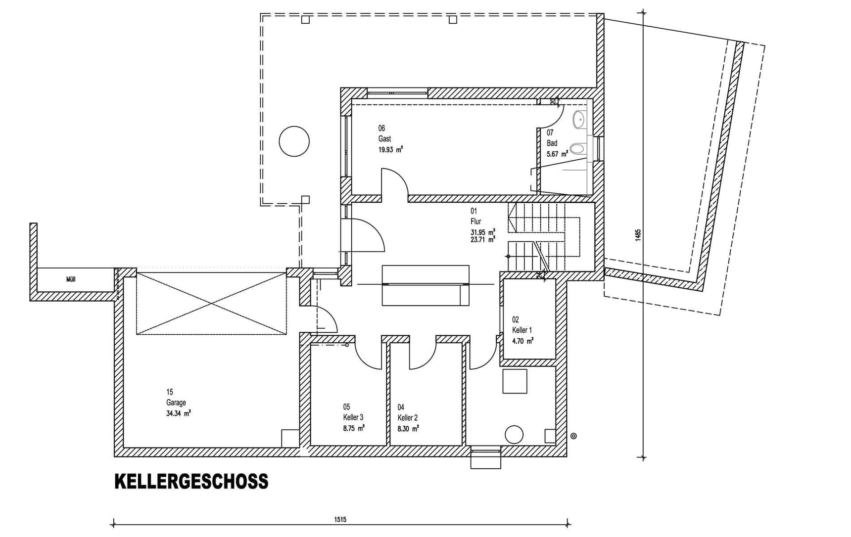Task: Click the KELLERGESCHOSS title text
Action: coord(191,482)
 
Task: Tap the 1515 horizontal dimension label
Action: coord(340,520)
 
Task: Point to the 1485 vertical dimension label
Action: coord(638,234)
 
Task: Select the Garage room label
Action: coord(176,403)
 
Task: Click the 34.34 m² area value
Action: coord(178,413)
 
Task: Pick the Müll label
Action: coord(71,279)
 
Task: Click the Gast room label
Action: coord(384,139)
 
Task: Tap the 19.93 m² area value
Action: coord(390,149)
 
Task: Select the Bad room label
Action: coord(552,143)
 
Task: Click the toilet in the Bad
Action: coord(577,148)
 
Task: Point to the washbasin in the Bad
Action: coord(579,119)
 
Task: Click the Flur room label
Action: coord(475,222)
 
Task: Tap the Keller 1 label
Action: coord(522,330)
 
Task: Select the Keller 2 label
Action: coord(408,418)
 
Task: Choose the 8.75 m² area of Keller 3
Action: coord(354,429)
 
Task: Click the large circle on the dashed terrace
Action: coord(294,141)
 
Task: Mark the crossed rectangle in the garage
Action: coord(211,304)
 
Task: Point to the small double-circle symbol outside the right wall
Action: coord(573,436)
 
